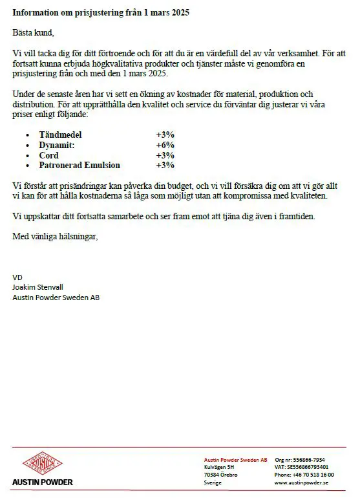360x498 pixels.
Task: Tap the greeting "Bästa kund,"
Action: (34, 32)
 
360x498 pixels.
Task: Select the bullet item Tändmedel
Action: (61, 135)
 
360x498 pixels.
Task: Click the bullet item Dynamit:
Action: (57, 146)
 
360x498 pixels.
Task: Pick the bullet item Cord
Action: (48, 155)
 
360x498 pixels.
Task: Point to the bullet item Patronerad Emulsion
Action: (79, 166)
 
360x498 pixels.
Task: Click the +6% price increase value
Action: (165, 146)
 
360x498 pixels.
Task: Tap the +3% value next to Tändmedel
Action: (165, 135)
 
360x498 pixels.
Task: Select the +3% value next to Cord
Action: (165, 155)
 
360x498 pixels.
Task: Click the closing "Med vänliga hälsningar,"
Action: (56, 237)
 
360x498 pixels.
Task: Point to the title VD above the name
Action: (17, 277)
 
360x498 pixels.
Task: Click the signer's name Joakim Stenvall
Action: (38, 287)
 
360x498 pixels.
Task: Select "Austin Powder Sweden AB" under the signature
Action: (56, 298)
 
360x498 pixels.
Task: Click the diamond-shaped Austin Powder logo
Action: (42, 463)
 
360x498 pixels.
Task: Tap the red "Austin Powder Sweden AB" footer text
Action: (235, 459)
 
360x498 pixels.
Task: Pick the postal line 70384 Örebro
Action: (220, 475)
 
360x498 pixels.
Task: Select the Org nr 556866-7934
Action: (300, 459)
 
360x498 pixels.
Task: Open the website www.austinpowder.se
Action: (301, 482)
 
